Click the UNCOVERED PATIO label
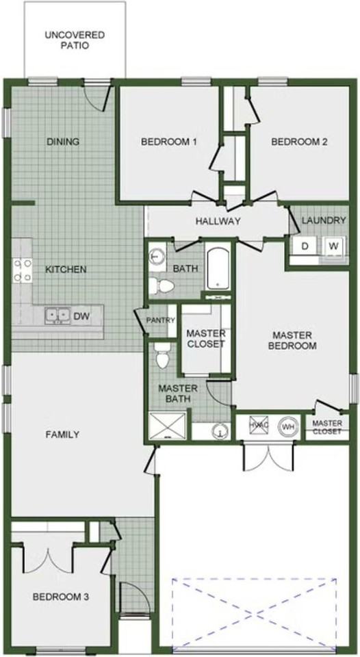point(75,40)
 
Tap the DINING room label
point(63,142)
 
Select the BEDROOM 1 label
point(169,142)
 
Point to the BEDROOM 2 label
point(299,142)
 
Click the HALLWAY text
point(218,221)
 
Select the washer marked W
point(333,246)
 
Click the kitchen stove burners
point(22,270)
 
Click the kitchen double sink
point(58,315)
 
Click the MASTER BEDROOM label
point(293,340)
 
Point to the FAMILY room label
point(62,434)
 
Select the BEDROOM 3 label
point(61,597)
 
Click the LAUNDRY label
point(324,220)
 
